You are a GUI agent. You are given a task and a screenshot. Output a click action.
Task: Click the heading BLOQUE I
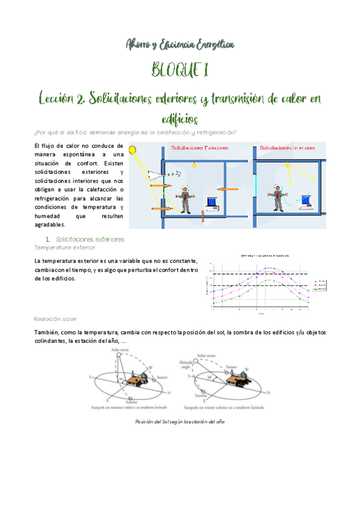point(180,71)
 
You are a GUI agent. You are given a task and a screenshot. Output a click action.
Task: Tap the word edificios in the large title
point(180,118)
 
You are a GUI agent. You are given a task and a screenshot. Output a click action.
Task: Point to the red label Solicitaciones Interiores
point(283,147)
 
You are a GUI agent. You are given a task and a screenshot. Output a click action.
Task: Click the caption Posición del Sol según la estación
point(180,422)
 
